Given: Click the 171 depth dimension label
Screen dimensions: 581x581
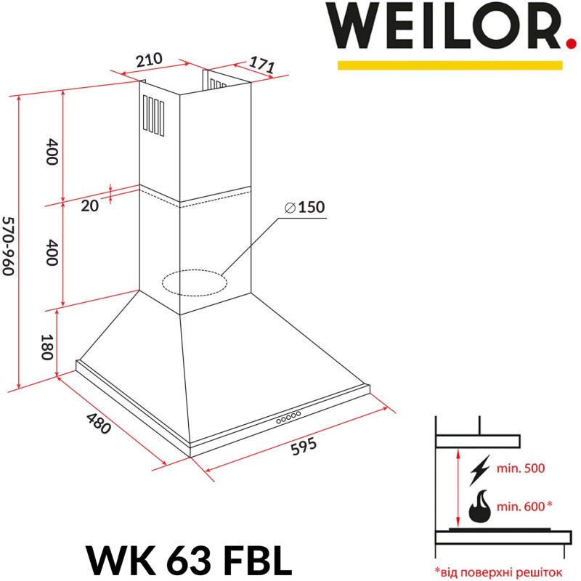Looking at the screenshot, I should pyautogui.click(x=262, y=65).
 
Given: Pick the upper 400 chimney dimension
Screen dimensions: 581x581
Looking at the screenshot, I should pyautogui.click(x=51, y=151).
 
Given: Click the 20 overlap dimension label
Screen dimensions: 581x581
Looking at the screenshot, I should pyautogui.click(x=89, y=206).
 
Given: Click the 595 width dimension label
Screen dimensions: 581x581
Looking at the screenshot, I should pyautogui.click(x=304, y=446).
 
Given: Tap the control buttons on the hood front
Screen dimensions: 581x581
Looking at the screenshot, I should pyautogui.click(x=288, y=417).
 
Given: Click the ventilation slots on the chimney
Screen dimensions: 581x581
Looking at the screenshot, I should pyautogui.click(x=153, y=115).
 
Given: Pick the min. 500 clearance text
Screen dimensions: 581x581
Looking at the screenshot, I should pyautogui.click(x=520, y=468).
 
